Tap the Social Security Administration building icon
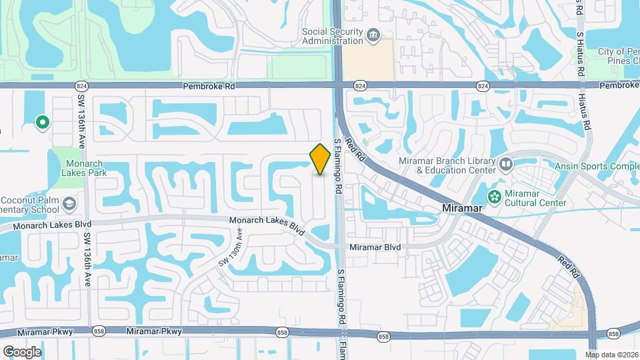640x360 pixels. click(x=372, y=34)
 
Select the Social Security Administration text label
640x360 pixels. click(x=331, y=36)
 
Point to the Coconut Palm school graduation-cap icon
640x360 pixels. click(x=69, y=203)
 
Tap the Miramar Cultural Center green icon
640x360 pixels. click(x=494, y=196)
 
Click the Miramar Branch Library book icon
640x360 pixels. click(x=506, y=164)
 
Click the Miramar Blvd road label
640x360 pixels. click(x=375, y=247)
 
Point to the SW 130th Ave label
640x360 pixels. click(x=230, y=248)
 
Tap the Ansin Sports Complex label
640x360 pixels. click(x=597, y=165)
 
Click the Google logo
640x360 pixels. click(x=22, y=351)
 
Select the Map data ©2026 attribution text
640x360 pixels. click(x=611, y=354)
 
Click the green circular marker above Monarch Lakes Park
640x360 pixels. click(x=42, y=122)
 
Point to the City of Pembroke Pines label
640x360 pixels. click(x=618, y=57)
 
